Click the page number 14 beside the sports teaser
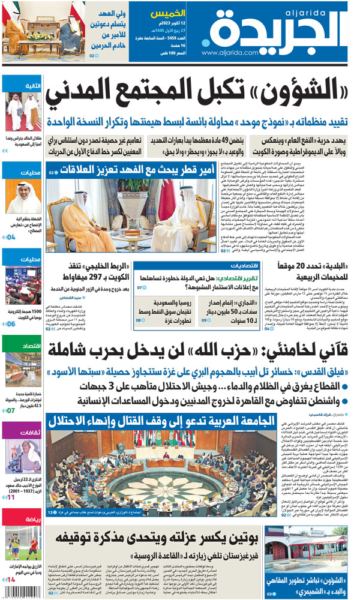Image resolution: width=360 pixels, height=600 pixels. (10, 580)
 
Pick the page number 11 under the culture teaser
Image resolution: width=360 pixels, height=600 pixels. (10, 497)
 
